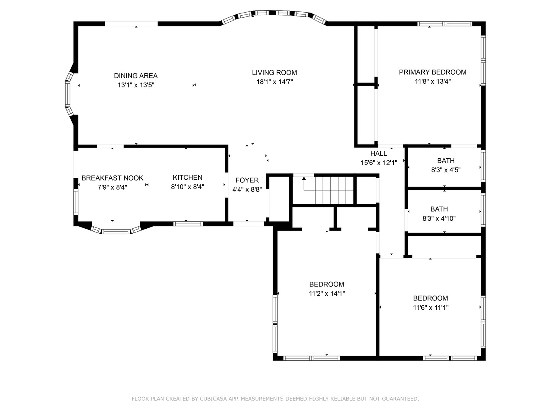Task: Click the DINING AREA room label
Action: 136,76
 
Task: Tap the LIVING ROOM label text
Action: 274,73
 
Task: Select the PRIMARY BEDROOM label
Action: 432,72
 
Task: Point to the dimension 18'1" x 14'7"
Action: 275,82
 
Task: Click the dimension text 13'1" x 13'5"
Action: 136,85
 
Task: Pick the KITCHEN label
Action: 187,177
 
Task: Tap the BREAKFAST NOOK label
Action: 112,178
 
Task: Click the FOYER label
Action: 247,180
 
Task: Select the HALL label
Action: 378,153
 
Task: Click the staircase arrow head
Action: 304,178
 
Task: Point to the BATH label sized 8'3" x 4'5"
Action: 446,161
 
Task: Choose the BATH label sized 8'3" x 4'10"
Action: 439,209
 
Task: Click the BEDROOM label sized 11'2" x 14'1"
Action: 327,285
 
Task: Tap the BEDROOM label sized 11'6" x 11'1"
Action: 430,298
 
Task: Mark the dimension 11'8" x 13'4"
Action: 433,81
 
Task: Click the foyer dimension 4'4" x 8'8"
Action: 247,190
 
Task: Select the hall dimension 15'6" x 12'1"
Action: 379,163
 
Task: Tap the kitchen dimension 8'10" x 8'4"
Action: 187,187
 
